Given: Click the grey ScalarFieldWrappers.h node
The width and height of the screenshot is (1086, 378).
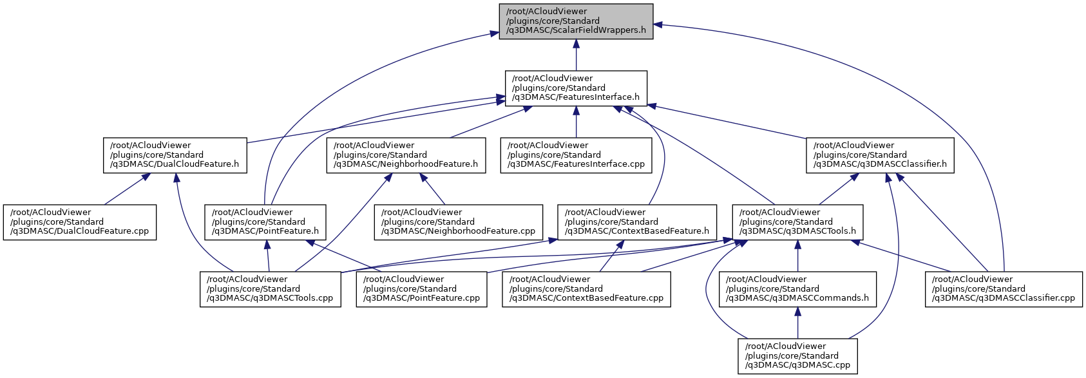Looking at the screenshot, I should click(576, 21).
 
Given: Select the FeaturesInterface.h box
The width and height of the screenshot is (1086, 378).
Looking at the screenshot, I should click(576, 88).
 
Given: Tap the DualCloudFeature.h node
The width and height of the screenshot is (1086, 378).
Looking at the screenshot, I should click(175, 155).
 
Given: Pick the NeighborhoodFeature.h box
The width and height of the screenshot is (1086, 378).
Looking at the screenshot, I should click(406, 155).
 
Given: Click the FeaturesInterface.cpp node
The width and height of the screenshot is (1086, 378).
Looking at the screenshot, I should click(576, 155).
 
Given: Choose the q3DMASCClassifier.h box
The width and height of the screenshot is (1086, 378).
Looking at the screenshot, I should click(880, 155).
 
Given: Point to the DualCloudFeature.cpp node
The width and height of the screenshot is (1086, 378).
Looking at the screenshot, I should click(80, 222).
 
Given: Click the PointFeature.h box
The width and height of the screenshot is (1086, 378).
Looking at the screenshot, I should click(265, 222).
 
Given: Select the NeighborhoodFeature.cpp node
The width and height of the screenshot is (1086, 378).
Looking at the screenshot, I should click(459, 222).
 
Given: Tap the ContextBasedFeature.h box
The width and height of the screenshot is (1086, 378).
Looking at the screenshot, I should click(637, 222).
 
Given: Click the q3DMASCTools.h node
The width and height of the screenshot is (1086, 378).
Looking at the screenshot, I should click(797, 222).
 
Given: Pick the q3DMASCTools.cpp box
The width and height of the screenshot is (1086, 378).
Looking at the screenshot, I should click(271, 289).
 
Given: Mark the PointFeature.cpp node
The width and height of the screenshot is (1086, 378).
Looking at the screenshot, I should click(422, 289).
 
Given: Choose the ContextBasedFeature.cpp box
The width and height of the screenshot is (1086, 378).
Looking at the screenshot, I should click(586, 289).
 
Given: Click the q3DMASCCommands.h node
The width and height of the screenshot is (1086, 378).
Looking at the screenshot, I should click(797, 289).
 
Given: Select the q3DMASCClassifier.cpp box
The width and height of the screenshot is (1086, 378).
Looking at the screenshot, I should click(1004, 289).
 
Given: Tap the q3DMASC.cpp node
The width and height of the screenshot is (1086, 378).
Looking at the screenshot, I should click(797, 356).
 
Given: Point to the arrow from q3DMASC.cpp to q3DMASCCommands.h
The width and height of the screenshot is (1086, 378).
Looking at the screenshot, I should click(797, 323).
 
